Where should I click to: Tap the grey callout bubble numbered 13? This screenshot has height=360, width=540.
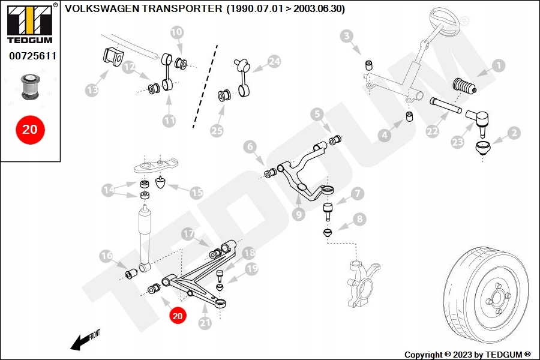click(92, 91)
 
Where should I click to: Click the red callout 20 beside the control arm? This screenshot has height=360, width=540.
click(178, 314)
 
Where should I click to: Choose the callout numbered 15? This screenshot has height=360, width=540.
click(197, 193)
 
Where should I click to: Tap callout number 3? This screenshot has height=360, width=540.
click(347, 37)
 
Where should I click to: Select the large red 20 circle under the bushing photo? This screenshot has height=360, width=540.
click(29, 129)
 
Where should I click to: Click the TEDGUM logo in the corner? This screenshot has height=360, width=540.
click(29, 23)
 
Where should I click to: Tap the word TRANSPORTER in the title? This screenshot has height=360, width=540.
click(192, 9)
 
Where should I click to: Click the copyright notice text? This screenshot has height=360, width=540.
click(468, 355)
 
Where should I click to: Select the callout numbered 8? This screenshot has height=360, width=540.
click(359, 220)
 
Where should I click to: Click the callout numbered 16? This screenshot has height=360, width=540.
click(106, 256)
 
